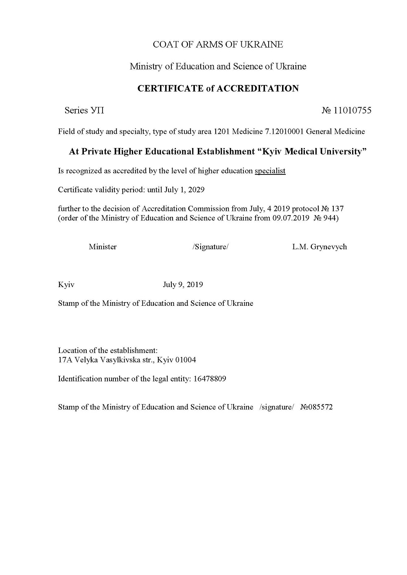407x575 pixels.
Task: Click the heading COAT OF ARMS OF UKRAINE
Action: tap(218, 44)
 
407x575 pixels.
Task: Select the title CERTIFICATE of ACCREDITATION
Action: tap(218, 88)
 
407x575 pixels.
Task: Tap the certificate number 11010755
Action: tap(352, 110)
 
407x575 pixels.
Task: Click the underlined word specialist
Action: tap(270, 171)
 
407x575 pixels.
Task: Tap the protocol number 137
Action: tap(337, 209)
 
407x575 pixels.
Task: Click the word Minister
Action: tap(103, 247)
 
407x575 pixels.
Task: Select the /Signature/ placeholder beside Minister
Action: tap(210, 247)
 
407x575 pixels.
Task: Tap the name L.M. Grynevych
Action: tap(319, 247)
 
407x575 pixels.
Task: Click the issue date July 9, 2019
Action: tap(183, 285)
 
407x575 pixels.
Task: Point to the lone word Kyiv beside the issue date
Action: tap(66, 285)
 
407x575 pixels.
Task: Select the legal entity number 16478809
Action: tap(210, 379)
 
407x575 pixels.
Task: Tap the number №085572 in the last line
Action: tap(316, 407)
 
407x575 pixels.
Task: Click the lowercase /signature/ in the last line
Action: tap(276, 407)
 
